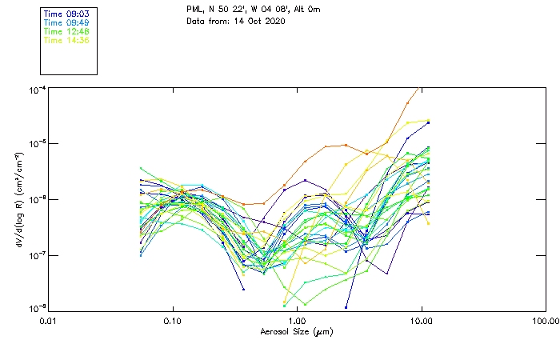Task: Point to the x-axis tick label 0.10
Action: pos(173,322)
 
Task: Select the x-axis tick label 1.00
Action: pos(297,322)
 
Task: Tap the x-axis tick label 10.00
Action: pos(421,322)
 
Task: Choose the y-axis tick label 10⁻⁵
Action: pos(38,145)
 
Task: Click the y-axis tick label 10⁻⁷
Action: pos(38,255)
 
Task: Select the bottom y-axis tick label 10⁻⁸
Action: pos(38,309)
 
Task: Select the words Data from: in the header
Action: pos(205,20)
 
